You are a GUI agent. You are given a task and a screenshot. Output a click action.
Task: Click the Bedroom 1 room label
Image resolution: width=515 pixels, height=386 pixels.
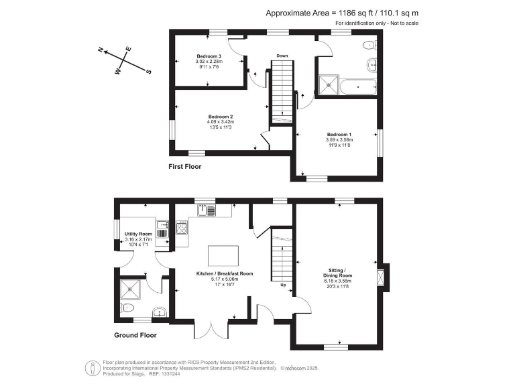(339, 135)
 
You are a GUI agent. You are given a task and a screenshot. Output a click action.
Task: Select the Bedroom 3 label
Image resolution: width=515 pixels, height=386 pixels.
(209, 56)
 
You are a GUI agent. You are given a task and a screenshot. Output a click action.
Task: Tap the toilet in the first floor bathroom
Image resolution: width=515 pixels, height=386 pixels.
(368, 45)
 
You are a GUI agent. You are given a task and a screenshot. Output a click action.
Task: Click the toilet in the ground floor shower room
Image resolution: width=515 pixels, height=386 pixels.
(129, 308)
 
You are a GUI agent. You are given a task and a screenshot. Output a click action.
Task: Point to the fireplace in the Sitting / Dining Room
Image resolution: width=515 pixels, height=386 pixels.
(382, 277)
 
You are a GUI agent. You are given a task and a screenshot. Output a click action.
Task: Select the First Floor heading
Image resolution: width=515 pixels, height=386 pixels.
(185, 166)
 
